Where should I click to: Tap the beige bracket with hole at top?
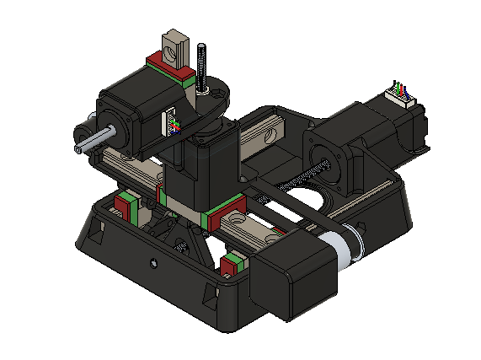tap(174, 46)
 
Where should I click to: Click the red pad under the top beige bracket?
tap(168, 64)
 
